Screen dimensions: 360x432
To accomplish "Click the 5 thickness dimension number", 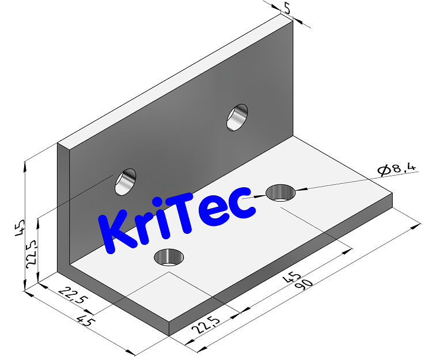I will pyautogui.click(x=287, y=7).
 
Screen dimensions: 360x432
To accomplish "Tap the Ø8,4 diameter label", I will pyautogui.click(x=397, y=169).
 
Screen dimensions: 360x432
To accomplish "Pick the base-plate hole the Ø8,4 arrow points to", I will pyautogui.click(x=281, y=192).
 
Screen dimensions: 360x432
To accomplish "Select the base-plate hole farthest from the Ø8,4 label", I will pyautogui.click(x=168, y=256).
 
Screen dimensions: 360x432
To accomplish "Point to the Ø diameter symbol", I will pyautogui.click(x=382, y=170).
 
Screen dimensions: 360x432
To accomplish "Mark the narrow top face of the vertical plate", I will pyautogui.click(x=173, y=81).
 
